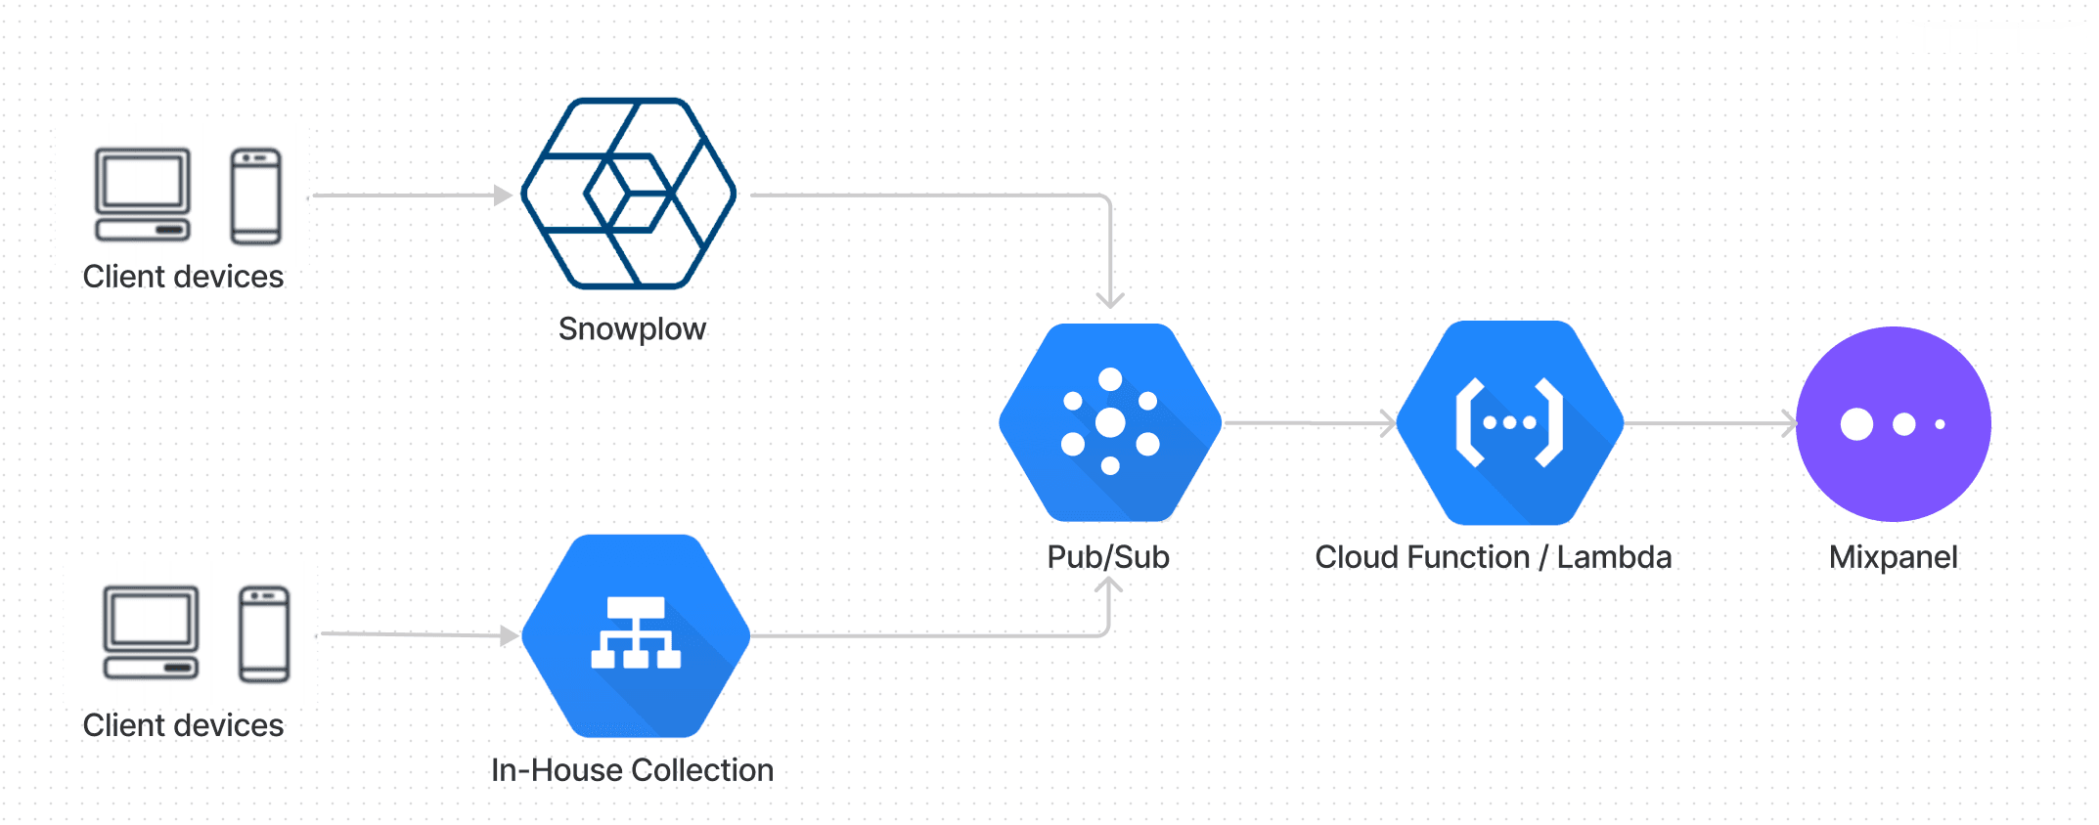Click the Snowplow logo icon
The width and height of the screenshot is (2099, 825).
point(629,194)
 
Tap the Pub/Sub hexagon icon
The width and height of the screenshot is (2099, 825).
point(1110,422)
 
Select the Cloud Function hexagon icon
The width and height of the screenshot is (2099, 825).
point(1509,422)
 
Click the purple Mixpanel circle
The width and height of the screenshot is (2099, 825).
point(1894,423)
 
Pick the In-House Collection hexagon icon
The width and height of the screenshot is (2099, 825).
point(636,635)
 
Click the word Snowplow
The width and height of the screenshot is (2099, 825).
point(632,329)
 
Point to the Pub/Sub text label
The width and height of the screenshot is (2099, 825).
point(1108,557)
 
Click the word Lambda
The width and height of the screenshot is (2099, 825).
point(1614,557)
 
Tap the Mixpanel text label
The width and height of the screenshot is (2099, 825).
point(1893,557)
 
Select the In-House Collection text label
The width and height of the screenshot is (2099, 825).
point(632,770)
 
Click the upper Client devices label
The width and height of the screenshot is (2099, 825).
point(183,277)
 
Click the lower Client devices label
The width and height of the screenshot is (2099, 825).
point(183,725)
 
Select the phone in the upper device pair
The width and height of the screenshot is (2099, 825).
point(256,195)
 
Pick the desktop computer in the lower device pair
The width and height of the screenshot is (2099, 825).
point(151,632)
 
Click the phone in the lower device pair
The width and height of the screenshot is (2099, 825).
point(264,633)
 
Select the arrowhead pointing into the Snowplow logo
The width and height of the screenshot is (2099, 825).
point(504,195)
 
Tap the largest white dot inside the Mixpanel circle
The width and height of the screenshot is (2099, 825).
point(1855,424)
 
